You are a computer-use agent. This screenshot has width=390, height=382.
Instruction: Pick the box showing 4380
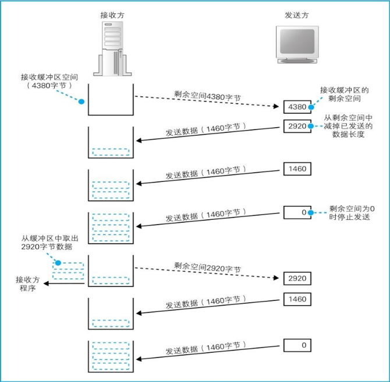(296, 107)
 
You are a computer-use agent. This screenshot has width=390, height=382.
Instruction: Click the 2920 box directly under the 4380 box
(296, 125)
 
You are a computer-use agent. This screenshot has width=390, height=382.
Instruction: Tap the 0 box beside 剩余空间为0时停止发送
(296, 212)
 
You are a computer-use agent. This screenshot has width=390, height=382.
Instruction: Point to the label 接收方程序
(27, 284)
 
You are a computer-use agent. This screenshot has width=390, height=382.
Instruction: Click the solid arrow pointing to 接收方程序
(66, 284)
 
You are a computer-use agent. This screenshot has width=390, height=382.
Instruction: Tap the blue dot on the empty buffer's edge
(81, 101)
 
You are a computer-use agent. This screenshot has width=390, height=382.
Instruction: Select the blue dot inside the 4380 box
(311, 107)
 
